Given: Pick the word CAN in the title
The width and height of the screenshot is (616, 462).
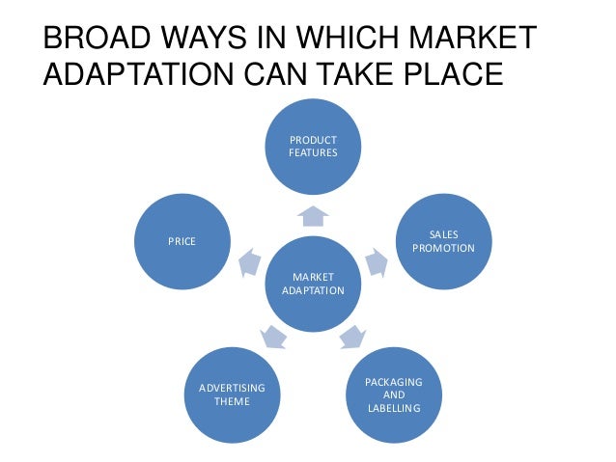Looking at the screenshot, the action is (x=290, y=74).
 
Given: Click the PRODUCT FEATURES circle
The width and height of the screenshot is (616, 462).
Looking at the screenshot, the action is (x=313, y=146).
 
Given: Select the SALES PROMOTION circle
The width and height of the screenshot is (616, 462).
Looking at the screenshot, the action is (x=443, y=241).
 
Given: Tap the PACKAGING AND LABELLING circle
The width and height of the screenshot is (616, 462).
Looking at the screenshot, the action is (x=394, y=396).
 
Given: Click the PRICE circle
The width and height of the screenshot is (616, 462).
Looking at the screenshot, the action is (x=182, y=241).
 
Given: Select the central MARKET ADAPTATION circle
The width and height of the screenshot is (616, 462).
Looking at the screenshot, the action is (x=313, y=283).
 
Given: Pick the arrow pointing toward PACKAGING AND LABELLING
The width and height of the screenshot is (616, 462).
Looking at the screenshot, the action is (x=352, y=337).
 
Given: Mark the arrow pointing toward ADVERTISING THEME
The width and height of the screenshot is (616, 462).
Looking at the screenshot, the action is (x=273, y=337).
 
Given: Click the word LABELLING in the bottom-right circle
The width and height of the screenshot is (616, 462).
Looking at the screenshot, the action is (x=394, y=409).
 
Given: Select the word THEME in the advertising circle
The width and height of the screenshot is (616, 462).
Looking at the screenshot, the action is (x=232, y=400).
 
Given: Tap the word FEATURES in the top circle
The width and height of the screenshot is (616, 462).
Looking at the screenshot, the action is (x=313, y=152).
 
